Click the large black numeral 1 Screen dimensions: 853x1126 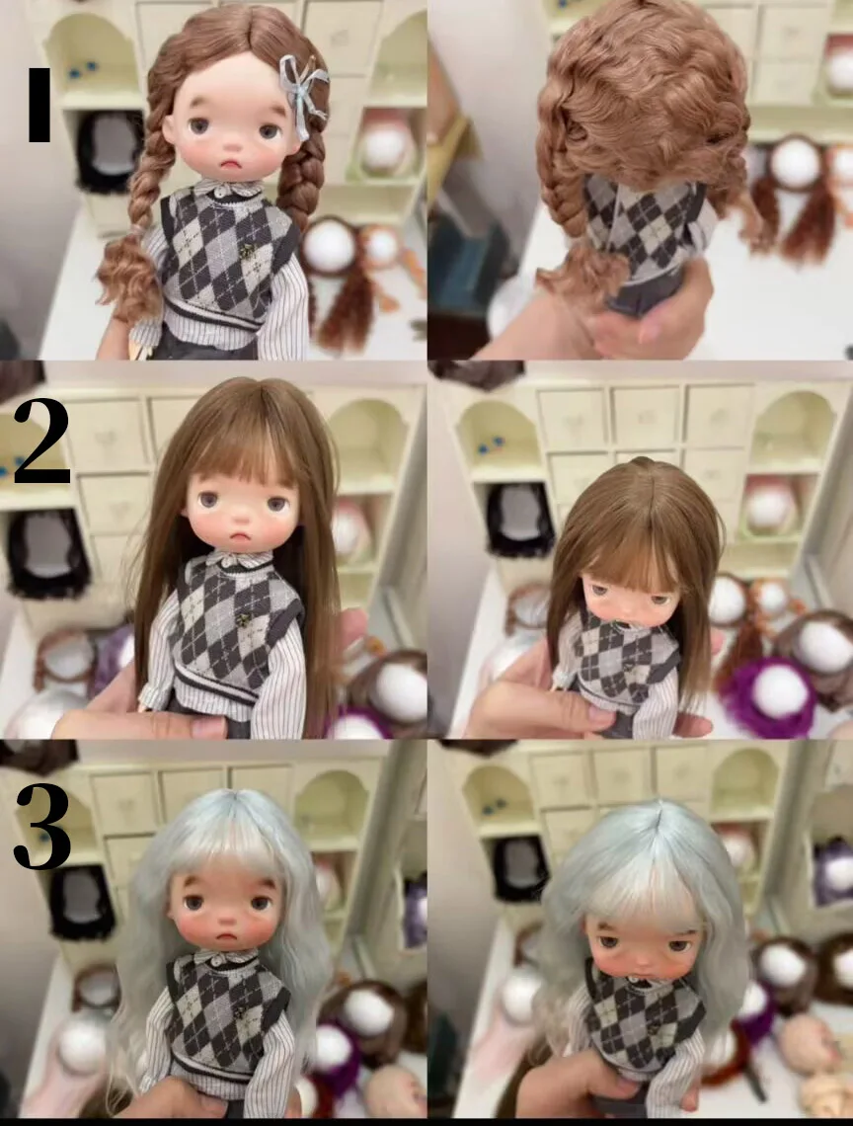pos(39,105)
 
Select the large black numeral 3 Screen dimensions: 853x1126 pos(42,825)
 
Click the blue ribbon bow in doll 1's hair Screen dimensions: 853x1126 pos(302,91)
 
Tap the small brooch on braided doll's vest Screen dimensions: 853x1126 pos(248,251)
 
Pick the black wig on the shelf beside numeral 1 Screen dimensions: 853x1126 pos(110,151)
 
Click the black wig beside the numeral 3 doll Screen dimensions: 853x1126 pos(80,902)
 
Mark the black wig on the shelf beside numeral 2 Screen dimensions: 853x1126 pos(47,554)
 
